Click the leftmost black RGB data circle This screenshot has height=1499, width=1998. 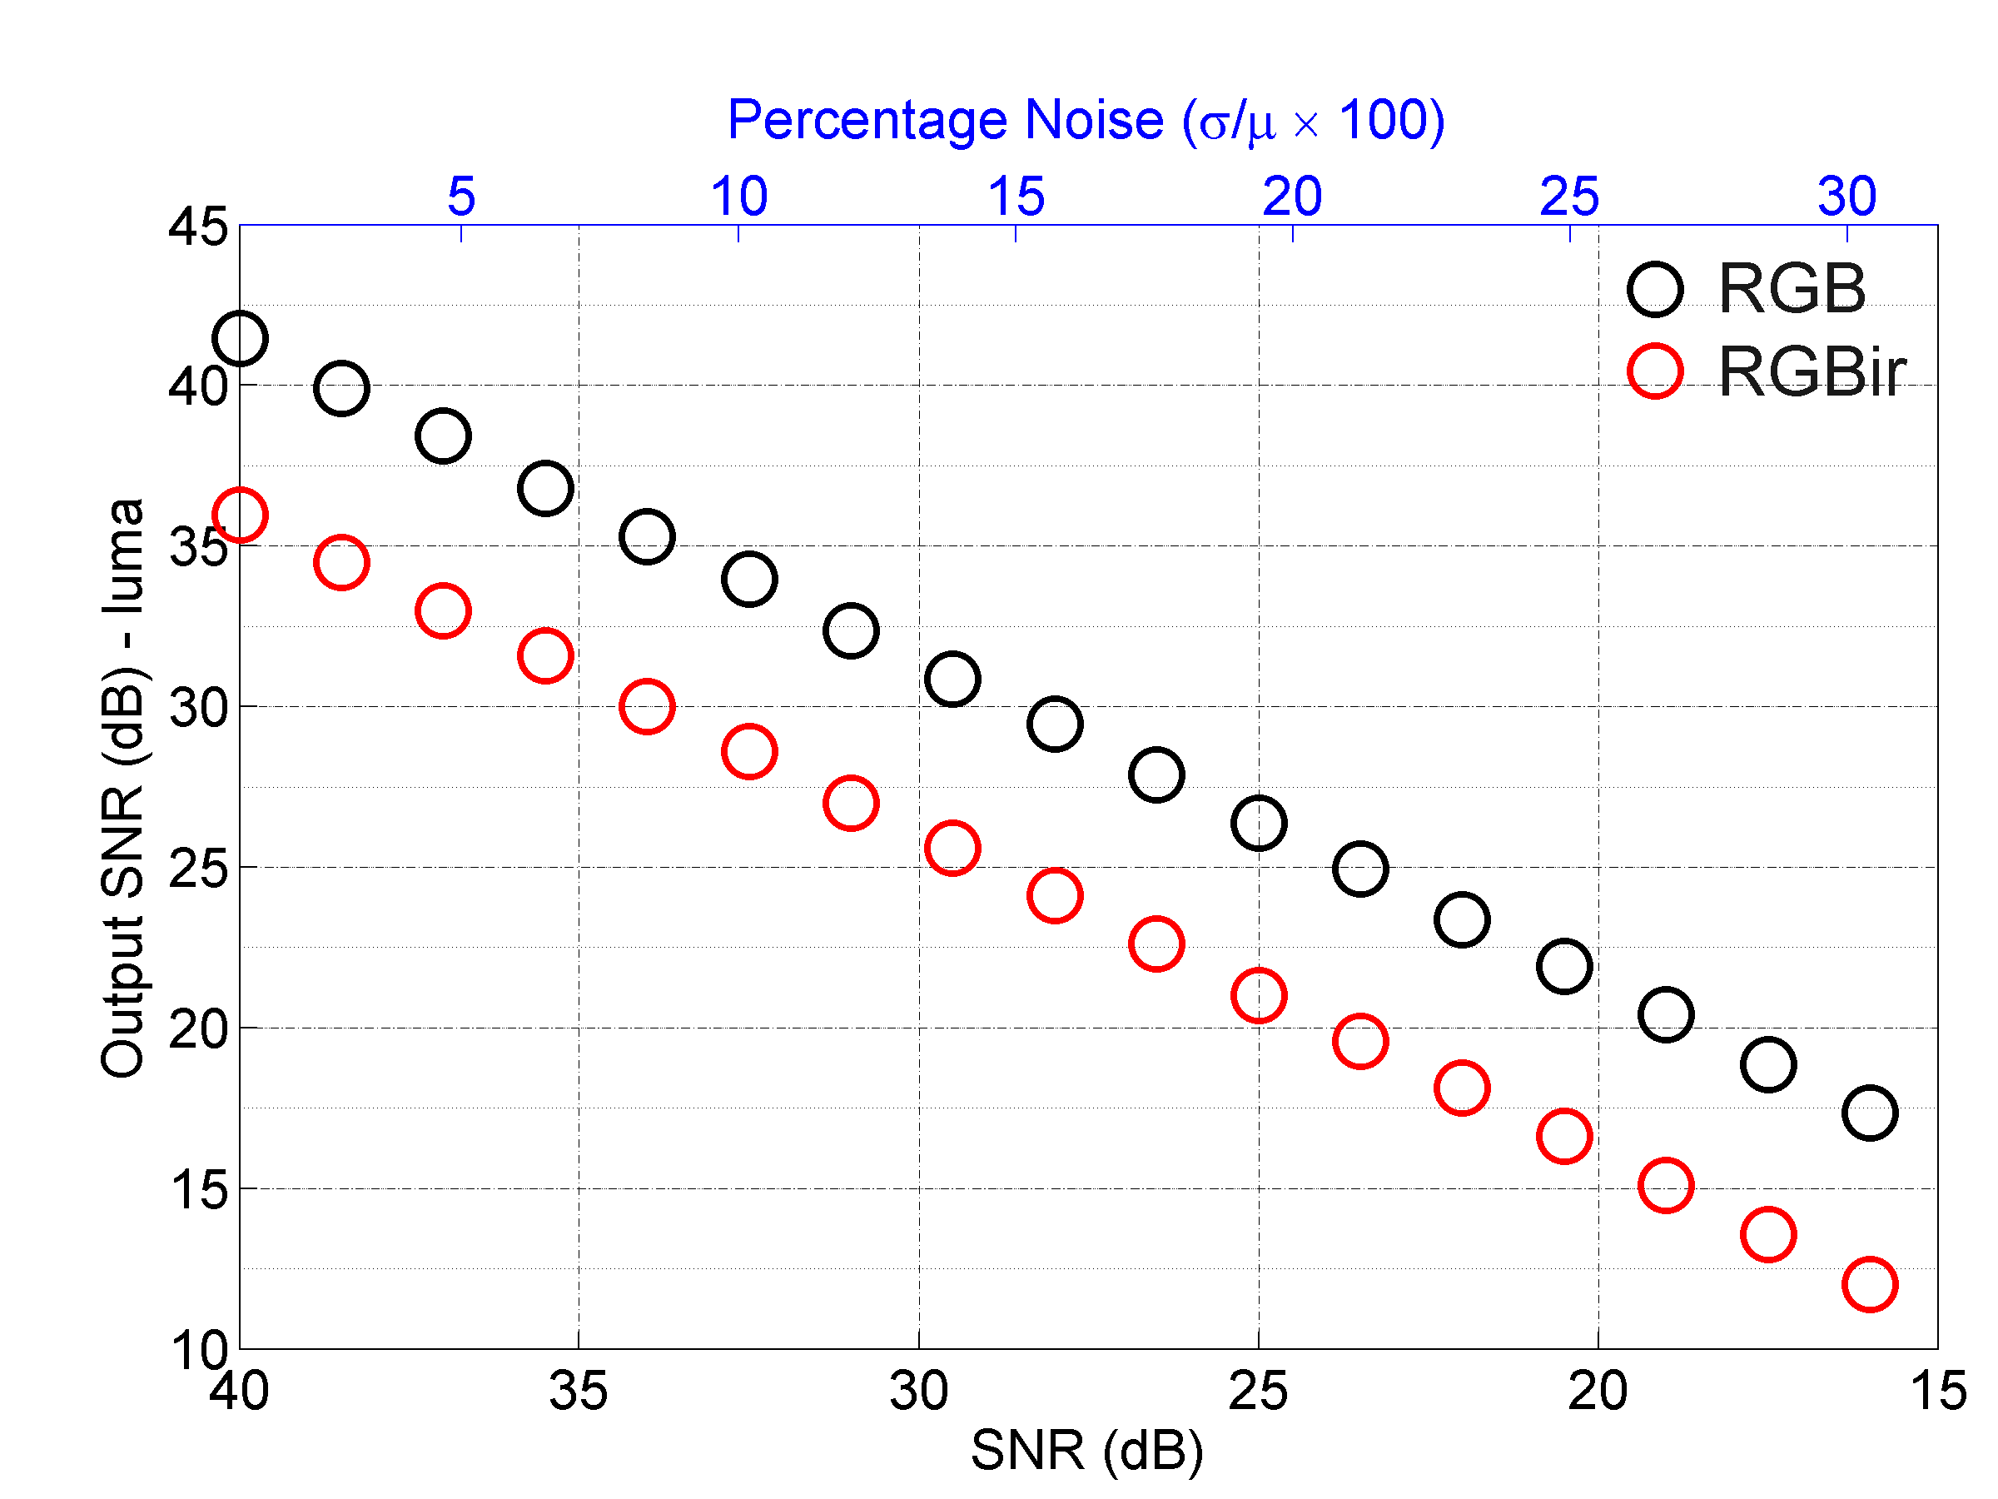[240, 339]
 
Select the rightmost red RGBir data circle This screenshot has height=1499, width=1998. [1869, 1284]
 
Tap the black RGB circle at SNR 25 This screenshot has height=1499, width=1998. [1258, 822]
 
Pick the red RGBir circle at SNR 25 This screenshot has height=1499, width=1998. [1258, 995]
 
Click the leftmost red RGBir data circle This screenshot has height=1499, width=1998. [240, 515]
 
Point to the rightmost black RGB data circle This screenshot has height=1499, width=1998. [1869, 1113]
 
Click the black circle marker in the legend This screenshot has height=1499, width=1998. [1655, 289]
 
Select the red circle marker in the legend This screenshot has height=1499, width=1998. [1655, 371]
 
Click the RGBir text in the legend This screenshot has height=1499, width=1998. [1811, 371]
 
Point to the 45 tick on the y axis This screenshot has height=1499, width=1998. [198, 226]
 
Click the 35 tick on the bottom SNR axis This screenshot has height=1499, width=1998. [578, 1391]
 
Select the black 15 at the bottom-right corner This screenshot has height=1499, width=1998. [1937, 1391]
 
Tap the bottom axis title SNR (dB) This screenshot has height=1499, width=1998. [1086, 1451]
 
